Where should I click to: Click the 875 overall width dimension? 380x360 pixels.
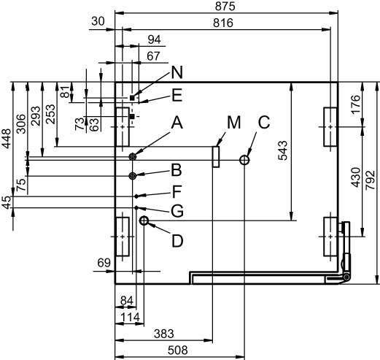point(225,7)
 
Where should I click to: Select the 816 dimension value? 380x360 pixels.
point(223,23)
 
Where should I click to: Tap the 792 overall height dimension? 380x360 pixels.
point(371,180)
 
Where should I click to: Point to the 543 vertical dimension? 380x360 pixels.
point(282,150)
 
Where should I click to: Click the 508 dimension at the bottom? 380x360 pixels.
point(178,351)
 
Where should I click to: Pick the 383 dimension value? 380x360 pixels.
point(164,334)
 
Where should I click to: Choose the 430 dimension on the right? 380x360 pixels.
point(356,177)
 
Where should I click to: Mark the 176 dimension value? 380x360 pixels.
point(356,104)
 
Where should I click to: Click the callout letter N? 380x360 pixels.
point(177,72)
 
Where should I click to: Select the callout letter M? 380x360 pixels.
point(234,123)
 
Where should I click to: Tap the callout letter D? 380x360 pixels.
point(177,241)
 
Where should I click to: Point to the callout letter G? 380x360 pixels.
point(177,211)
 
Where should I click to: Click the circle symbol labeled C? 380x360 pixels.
point(244,160)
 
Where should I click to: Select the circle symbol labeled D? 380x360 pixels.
point(144,221)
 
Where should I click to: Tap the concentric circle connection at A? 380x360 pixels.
point(133,157)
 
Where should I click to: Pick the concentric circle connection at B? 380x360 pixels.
point(133,176)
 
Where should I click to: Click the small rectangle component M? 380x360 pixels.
point(216,157)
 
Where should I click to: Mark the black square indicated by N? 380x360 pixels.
point(132,98)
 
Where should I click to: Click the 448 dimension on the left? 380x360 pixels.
point(7,138)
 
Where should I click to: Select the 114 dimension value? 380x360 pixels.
point(131,317)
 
